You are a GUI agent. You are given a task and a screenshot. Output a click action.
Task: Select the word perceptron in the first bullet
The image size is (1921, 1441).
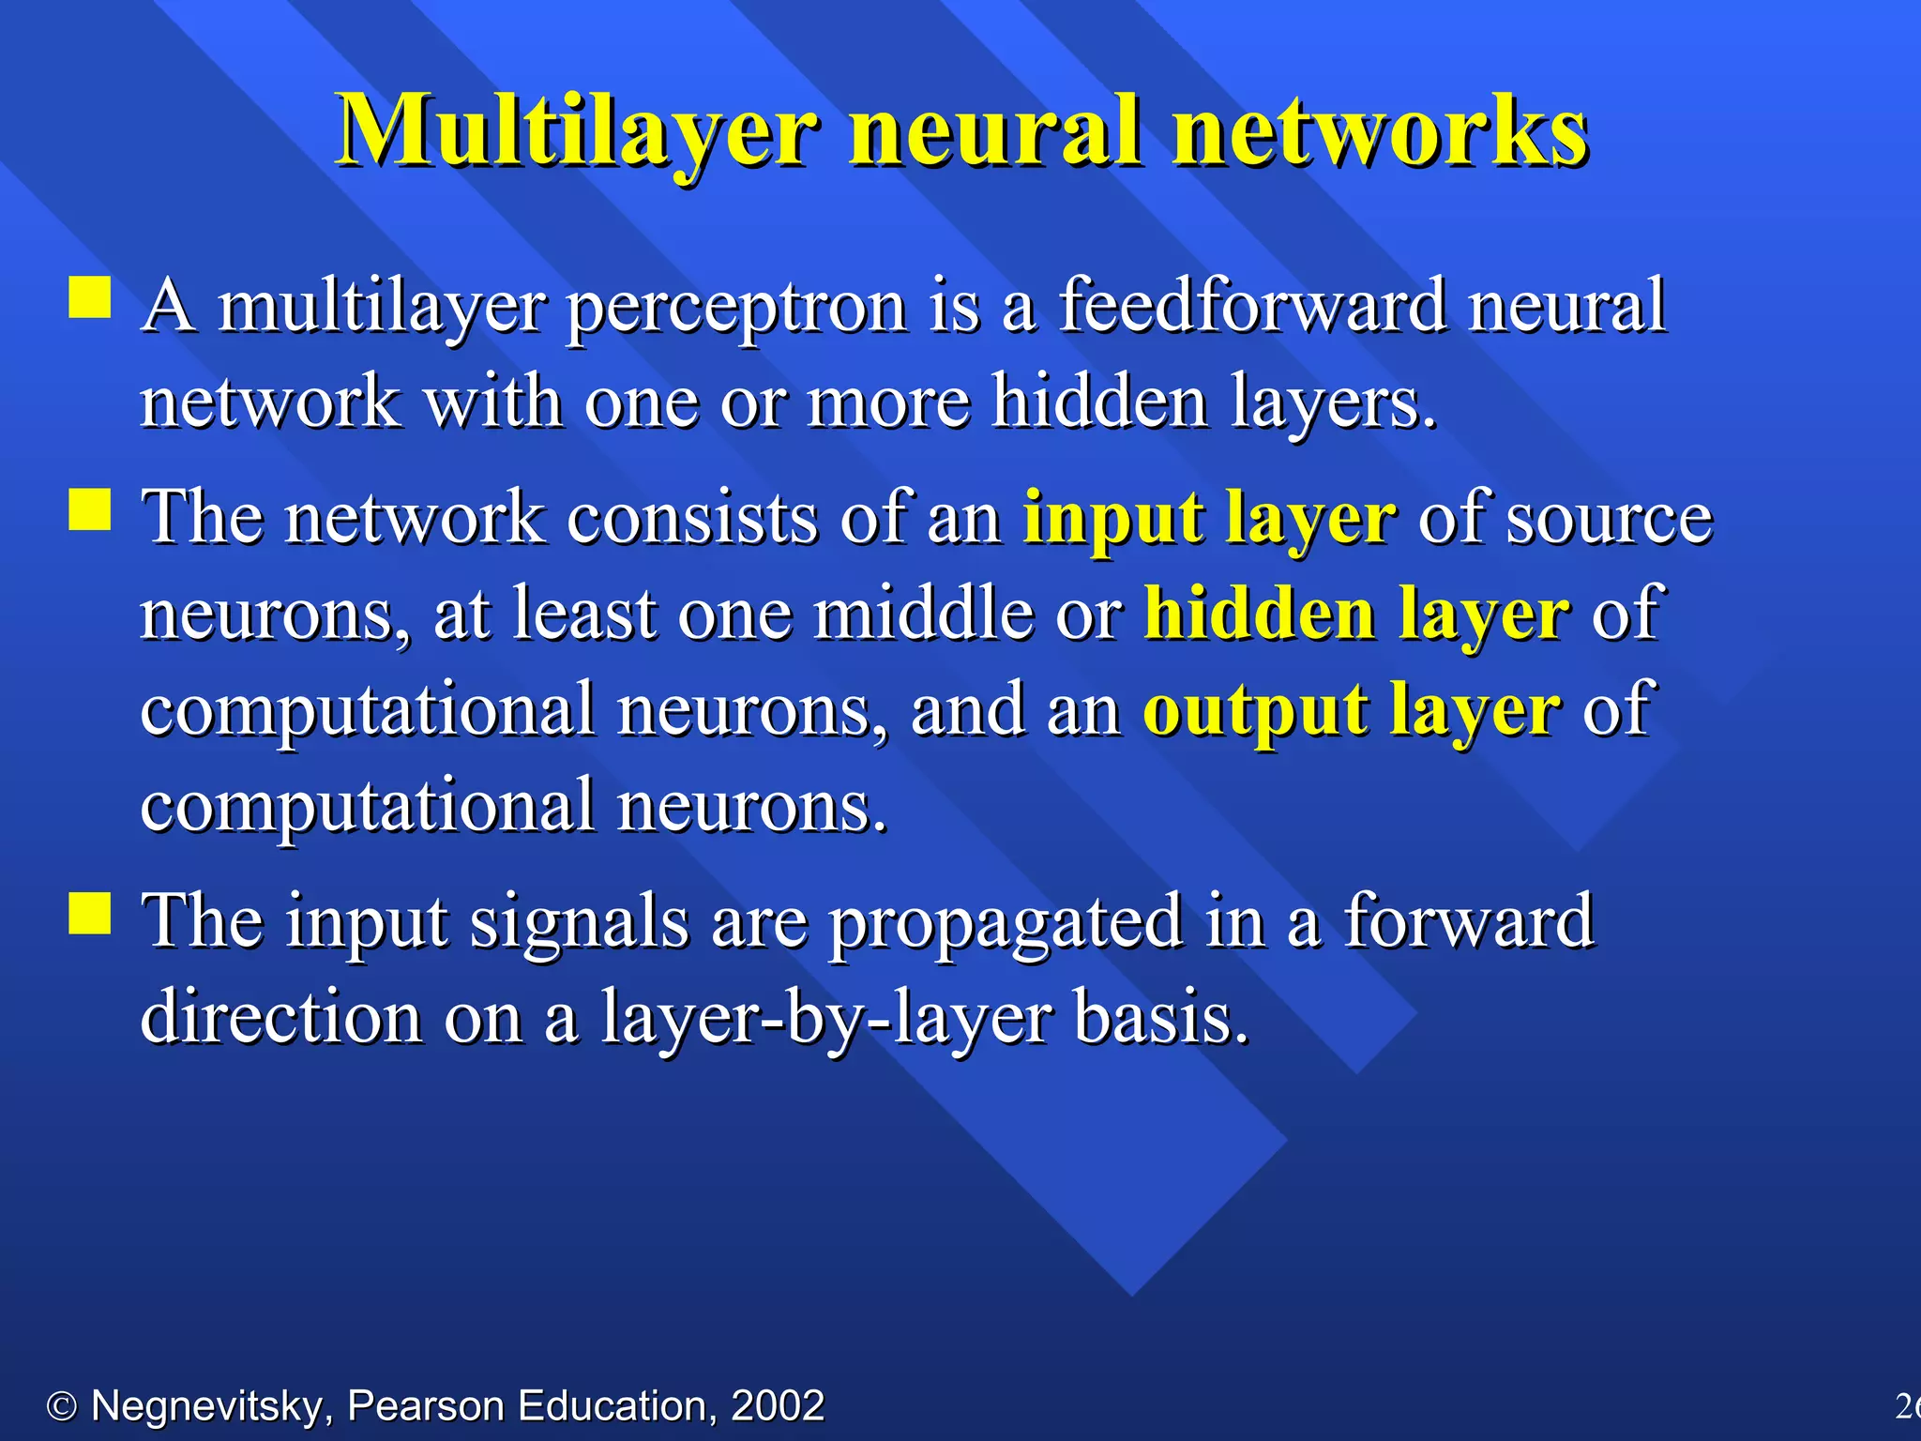pyautogui.click(x=736, y=308)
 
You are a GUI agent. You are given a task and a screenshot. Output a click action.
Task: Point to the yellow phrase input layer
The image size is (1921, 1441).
pyautogui.click(x=1209, y=519)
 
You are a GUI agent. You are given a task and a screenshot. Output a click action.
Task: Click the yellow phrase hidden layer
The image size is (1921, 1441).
pyautogui.click(x=1356, y=614)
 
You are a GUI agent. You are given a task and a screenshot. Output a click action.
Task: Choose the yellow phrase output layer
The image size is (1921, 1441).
pyautogui.click(x=1351, y=711)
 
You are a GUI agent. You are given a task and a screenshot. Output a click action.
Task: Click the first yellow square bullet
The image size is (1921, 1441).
pyautogui.click(x=90, y=297)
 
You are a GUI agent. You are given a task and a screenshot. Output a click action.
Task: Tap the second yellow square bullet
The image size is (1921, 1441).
pyautogui.click(x=90, y=509)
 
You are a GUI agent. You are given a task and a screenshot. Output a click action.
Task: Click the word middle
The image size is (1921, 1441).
pyautogui.click(x=923, y=614)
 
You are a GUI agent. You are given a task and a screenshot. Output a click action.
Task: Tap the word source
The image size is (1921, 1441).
pyautogui.click(x=1609, y=519)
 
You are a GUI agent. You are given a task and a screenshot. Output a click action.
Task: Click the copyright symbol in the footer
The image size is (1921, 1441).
pyautogui.click(x=62, y=1406)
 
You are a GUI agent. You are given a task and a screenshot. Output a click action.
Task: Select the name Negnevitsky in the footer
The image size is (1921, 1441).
pyautogui.click(x=207, y=1406)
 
